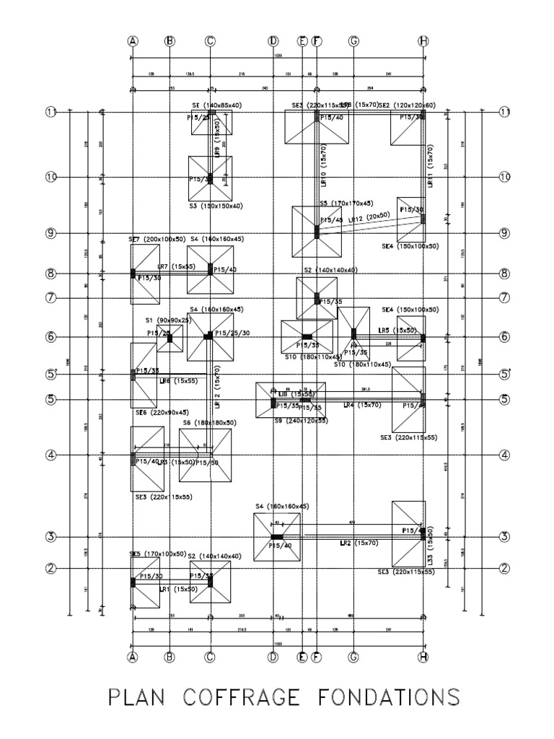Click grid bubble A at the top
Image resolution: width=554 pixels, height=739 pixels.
[133, 41]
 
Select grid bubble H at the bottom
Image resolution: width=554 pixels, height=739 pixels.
[423, 657]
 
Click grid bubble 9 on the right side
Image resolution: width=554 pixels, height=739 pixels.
[505, 233]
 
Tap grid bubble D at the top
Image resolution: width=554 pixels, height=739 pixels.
[273, 41]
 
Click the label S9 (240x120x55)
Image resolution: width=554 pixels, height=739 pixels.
[291, 420]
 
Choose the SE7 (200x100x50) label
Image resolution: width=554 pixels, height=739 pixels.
[157, 239]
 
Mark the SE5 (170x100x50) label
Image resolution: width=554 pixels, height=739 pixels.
[157, 554]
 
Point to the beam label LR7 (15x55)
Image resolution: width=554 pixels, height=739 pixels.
[177, 267]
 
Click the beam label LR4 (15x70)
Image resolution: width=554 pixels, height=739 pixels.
[358, 406]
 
